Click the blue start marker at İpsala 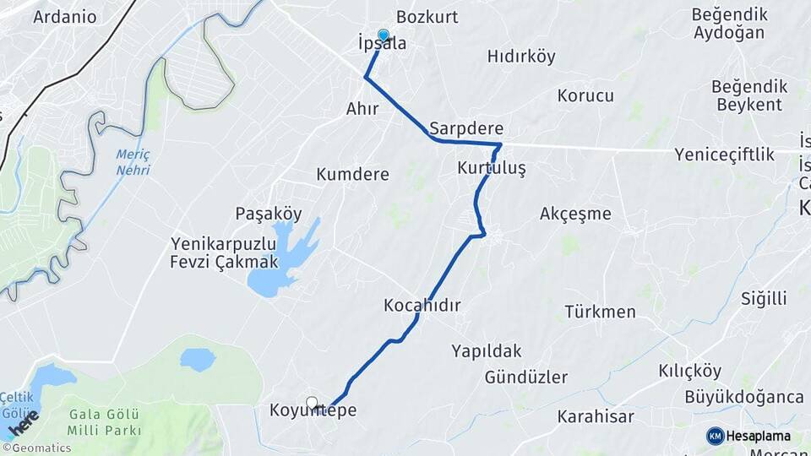tap(384, 35)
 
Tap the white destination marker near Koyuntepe tap(312, 403)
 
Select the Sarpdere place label tap(466, 129)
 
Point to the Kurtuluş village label tap(492, 169)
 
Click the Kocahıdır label tap(422, 305)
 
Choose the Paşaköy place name tap(269, 214)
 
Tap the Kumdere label tap(352, 175)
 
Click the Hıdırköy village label tap(521, 57)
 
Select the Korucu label tap(585, 95)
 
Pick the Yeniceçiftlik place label tap(725, 155)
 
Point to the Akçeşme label tap(575, 214)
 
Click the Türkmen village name tap(601, 312)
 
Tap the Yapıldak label tap(486, 350)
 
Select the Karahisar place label tap(595, 416)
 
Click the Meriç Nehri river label tap(133, 161)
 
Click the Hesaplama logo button tap(748, 436)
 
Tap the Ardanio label tap(65, 16)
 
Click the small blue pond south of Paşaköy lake tap(198, 360)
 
